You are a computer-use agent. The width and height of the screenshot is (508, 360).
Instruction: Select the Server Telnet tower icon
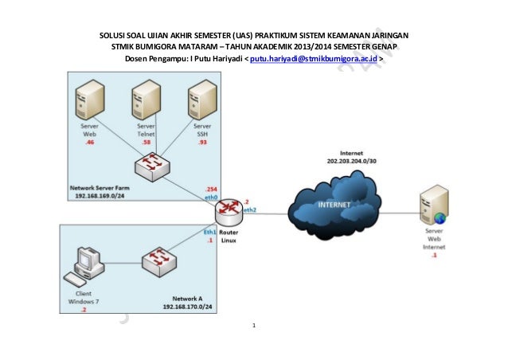coord(146,104)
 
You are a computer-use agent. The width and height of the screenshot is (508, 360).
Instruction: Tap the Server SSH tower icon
coord(201,104)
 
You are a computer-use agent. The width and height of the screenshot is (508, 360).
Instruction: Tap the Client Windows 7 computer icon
coord(84,266)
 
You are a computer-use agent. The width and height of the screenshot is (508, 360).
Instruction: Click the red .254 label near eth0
coord(211,189)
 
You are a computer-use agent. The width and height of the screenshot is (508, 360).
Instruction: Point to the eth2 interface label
coord(250,210)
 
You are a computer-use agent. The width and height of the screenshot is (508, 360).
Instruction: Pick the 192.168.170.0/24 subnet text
coord(190,306)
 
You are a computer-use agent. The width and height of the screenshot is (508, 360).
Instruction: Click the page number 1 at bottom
coord(254,327)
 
